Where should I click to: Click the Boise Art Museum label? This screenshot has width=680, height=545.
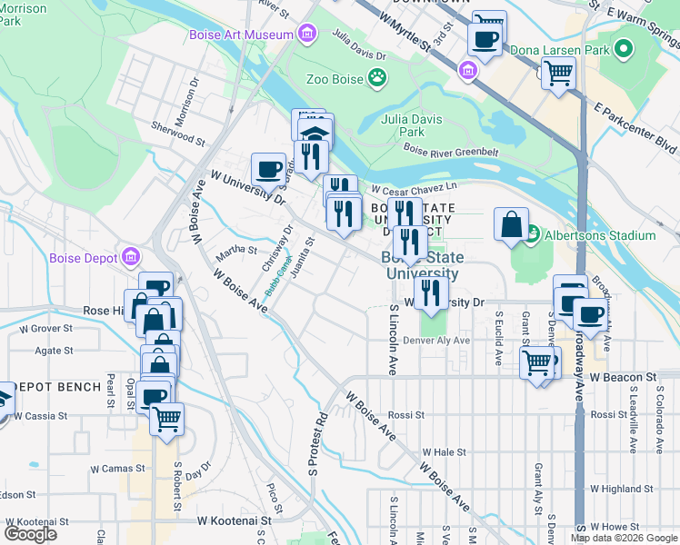(240, 35)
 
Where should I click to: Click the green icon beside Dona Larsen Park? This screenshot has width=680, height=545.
(624, 47)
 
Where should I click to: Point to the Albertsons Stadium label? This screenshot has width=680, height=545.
(599, 235)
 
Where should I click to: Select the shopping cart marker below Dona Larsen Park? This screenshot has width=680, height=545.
(559, 73)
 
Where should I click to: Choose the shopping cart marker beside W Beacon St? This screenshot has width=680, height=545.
(536, 362)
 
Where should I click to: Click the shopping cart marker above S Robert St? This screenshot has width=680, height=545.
(166, 419)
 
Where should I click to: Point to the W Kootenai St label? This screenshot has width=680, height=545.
(235, 521)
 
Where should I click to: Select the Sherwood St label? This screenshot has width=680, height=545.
(178, 135)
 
